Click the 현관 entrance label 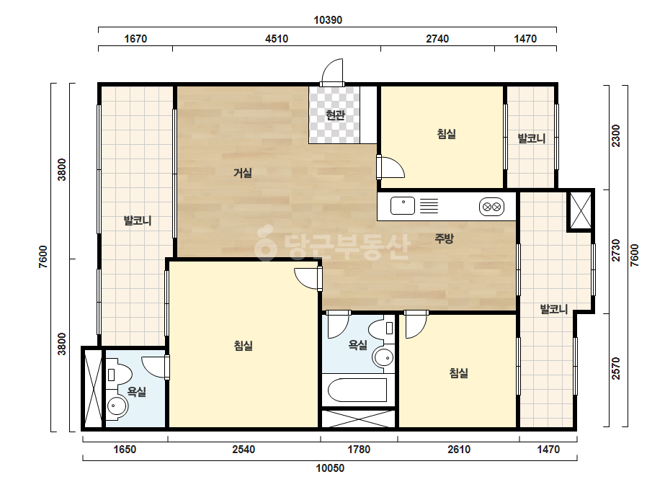pos(335,115)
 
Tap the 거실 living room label pos(243,173)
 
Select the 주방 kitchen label pos(444,238)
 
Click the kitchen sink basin pos(403,206)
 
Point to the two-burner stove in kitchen pos(491,207)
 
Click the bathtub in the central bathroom pos(357,390)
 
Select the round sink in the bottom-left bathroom pos(116,407)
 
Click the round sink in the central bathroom pos(383,357)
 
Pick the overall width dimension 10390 pos(328,20)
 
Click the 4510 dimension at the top pos(277,39)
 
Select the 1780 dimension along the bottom pos(359,450)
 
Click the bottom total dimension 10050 pos(330,468)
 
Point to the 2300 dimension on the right pos(616,136)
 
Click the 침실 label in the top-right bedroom pos(446,134)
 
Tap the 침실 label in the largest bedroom pos(243,345)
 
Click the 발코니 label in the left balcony pos(137,220)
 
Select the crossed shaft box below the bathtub pos(358,419)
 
